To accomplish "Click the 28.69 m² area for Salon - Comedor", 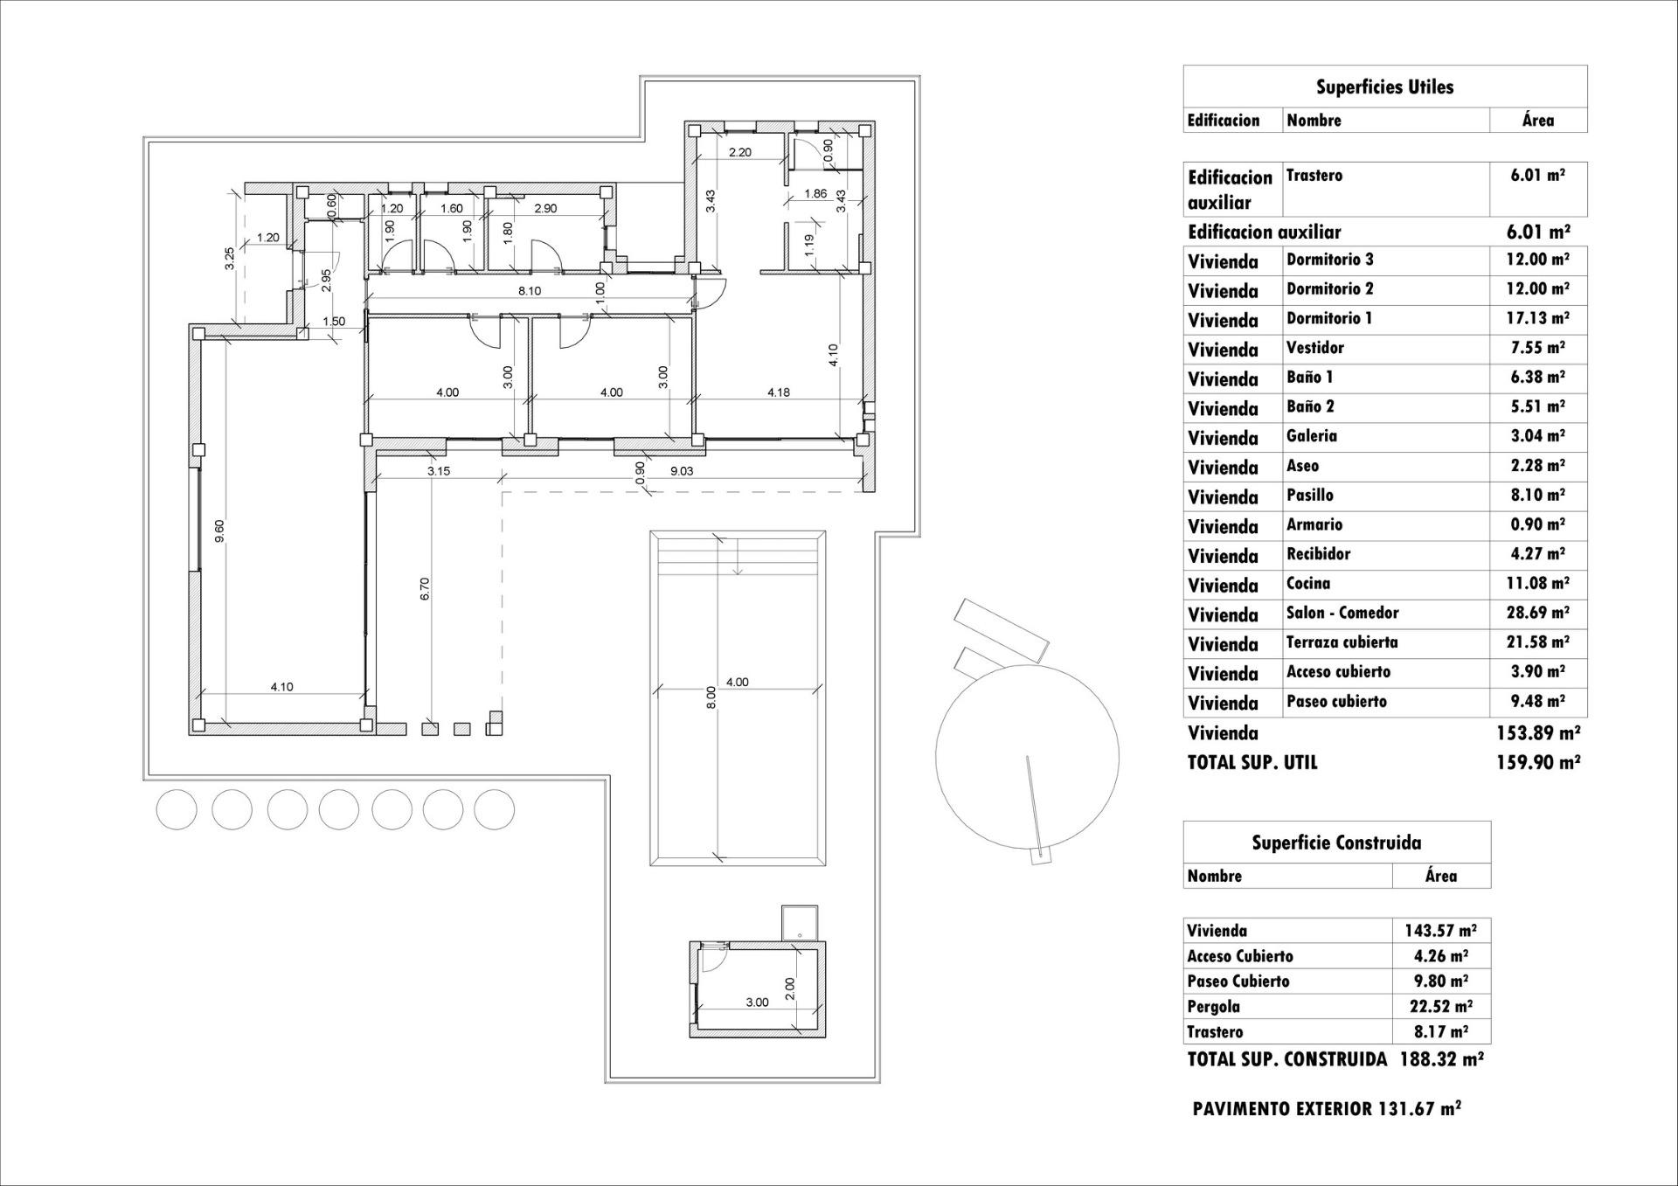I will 1537,614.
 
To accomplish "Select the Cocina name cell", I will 1308,584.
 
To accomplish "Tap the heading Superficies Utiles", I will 1384,87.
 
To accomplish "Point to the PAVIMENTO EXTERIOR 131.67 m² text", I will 1326,1109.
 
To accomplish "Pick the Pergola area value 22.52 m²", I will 1440,1007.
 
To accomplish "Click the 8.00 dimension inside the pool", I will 711,697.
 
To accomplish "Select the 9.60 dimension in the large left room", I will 219,531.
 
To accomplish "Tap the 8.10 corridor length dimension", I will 529,291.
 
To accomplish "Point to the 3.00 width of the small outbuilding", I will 757,1002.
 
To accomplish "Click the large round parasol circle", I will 1027,755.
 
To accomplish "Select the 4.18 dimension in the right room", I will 778,392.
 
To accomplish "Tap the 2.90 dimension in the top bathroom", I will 544,209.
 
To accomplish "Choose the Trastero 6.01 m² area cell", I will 1537,175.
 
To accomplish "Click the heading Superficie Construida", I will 1336,843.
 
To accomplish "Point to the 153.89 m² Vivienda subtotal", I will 1537,732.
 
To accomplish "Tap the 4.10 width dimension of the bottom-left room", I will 281,687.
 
